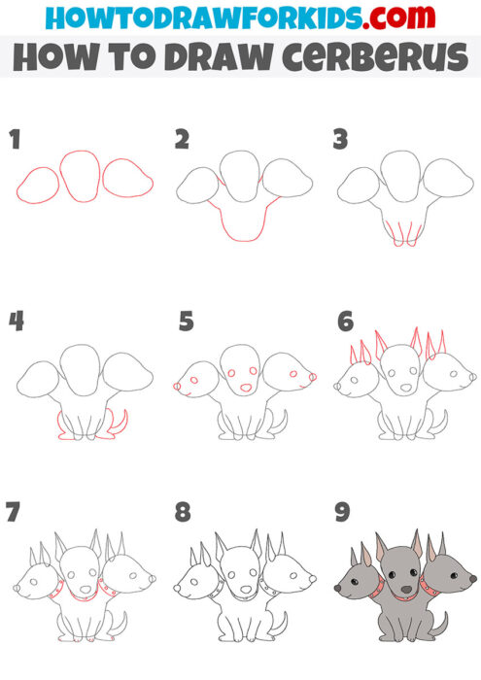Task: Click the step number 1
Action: point(15,140)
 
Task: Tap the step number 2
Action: point(182,140)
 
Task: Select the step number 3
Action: point(341,140)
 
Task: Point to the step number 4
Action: point(16,322)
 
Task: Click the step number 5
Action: point(186,322)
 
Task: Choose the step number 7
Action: point(15,512)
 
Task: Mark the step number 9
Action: point(342,512)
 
